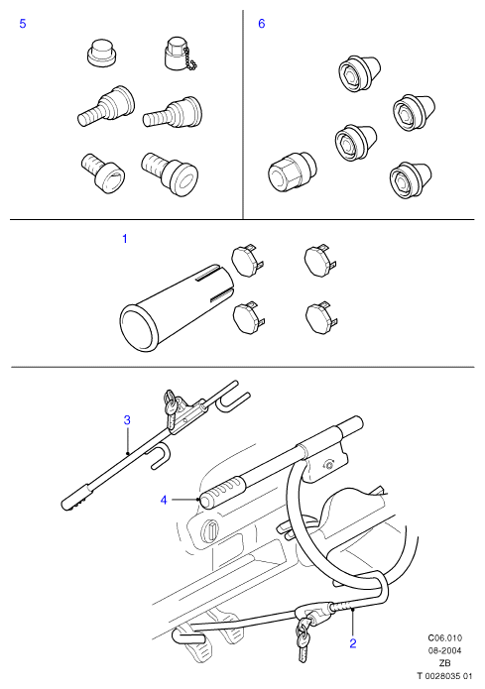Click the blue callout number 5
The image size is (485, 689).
23,24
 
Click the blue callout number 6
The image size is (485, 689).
262,24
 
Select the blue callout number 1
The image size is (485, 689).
125,239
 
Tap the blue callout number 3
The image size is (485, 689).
127,420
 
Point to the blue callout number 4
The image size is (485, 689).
164,500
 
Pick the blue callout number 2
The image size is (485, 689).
353,643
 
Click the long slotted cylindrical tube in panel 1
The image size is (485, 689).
176,308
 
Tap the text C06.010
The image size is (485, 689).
445,638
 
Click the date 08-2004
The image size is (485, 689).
445,650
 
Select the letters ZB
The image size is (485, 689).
445,663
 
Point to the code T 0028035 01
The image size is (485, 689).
444,676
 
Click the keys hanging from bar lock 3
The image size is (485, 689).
171,406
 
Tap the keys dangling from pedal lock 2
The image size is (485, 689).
303,638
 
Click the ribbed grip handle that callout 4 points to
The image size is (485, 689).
223,492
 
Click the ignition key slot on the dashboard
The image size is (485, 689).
209,530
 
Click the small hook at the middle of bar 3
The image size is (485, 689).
159,456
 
